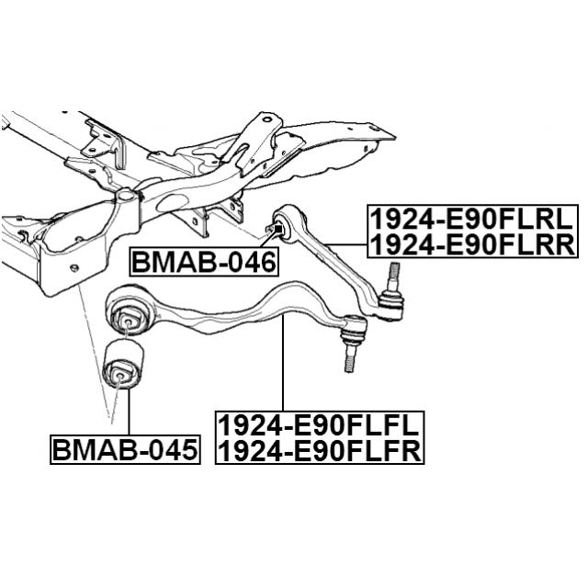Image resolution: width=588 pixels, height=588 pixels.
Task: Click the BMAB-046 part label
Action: click(x=204, y=263)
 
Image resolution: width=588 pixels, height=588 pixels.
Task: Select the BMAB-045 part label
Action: click(x=125, y=450)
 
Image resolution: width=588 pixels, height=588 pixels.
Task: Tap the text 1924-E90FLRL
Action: click(x=472, y=220)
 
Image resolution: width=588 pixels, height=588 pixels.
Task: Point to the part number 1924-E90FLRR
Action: click(x=472, y=244)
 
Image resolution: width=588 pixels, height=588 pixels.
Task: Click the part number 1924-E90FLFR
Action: click(x=320, y=451)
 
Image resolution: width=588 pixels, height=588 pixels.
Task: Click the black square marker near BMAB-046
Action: click(x=278, y=228)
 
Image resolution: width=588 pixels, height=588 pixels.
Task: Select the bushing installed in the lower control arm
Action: click(x=127, y=318)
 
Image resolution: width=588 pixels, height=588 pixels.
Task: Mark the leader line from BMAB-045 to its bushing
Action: click(x=129, y=413)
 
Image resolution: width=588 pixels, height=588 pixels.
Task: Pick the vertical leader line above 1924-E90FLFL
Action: click(x=283, y=363)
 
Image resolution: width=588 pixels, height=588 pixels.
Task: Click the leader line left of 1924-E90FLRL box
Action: click(x=346, y=244)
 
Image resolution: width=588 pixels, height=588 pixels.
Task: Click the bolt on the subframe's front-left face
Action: click(x=75, y=267)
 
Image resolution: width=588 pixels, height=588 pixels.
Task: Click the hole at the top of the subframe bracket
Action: click(x=266, y=120)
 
